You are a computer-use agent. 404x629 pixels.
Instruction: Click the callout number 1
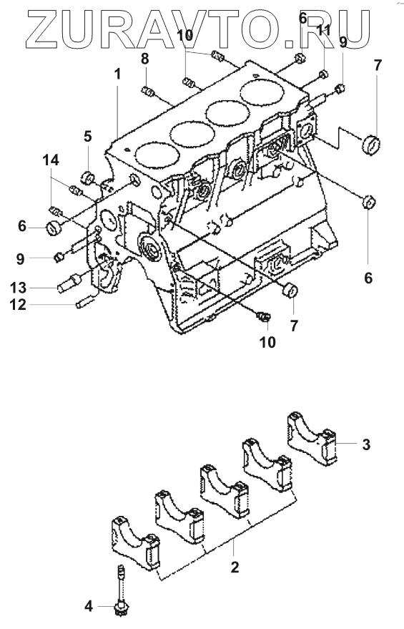pyautogui.click(x=117, y=74)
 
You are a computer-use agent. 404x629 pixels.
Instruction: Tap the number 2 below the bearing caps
pyautogui.click(x=235, y=567)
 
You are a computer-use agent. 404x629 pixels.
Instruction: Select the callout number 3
pyautogui.click(x=366, y=444)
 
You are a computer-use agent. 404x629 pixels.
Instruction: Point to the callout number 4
pyautogui.click(x=89, y=605)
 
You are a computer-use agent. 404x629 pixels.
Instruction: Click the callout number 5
pyautogui.click(x=87, y=137)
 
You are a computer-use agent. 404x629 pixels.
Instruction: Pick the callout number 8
pyautogui.click(x=144, y=59)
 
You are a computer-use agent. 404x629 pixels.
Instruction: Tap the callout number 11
pyautogui.click(x=324, y=30)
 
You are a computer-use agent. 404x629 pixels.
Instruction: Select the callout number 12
pyautogui.click(x=19, y=305)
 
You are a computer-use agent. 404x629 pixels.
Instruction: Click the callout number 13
pyautogui.click(x=19, y=288)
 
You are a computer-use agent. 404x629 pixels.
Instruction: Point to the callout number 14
pyautogui.click(x=51, y=160)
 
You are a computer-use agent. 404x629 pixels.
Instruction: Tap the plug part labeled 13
pyautogui.click(x=69, y=283)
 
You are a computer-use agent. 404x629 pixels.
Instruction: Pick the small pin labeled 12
pyautogui.click(x=85, y=300)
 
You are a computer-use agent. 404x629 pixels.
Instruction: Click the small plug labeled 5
pyautogui.click(x=88, y=177)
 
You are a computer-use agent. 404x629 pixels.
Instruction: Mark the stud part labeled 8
pyautogui.click(x=147, y=92)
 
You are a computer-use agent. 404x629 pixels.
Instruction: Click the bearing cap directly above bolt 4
pyautogui.click(x=135, y=543)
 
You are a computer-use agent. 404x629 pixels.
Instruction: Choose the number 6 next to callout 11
pyautogui.click(x=303, y=18)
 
